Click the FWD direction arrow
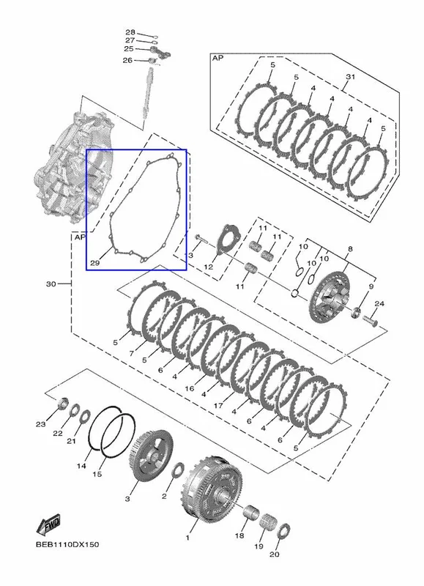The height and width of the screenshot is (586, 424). [48, 524]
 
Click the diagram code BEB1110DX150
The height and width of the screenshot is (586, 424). [67, 544]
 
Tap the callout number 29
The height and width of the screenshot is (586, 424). [95, 263]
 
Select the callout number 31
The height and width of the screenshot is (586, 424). [350, 77]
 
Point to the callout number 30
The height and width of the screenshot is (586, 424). [51, 284]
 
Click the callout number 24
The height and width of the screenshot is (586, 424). [379, 304]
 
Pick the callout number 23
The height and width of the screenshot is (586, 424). [41, 424]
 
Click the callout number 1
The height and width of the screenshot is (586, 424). [187, 538]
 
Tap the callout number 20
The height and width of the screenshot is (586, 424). [275, 555]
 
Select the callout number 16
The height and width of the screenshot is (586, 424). [190, 389]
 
